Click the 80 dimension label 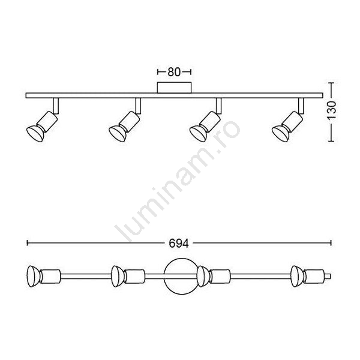[174, 72]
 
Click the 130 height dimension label [332, 110]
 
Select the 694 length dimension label [179, 244]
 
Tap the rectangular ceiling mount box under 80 [174, 88]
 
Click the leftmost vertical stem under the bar [56, 106]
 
